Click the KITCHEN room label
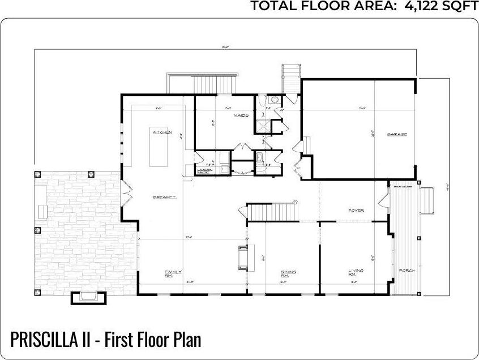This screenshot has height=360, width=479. pyautogui.click(x=161, y=132)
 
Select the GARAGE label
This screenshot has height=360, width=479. pyautogui.click(x=397, y=134)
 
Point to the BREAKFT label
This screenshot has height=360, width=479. pyautogui.click(x=165, y=197)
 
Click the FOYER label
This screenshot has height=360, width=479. pyautogui.click(x=356, y=211)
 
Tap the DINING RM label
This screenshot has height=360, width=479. pyautogui.click(x=288, y=273)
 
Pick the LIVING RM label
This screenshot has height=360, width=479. pyautogui.click(x=356, y=273)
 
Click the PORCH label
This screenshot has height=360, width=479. pyautogui.click(x=407, y=271)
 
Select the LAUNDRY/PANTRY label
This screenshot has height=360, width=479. pyautogui.click(x=204, y=170)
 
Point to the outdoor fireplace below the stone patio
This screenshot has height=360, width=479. pyautogui.click(x=89, y=297)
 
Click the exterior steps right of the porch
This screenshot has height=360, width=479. pyautogui.click(x=428, y=198)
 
